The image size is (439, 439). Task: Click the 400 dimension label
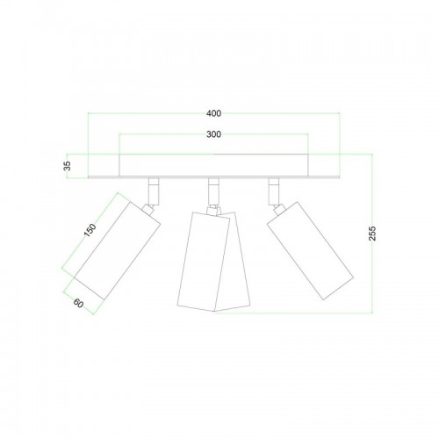coord(213,113)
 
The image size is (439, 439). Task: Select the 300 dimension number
coord(213,134)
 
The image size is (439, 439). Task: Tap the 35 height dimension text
coord(68,166)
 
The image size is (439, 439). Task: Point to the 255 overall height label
coord(372,234)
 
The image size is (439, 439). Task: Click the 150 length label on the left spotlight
coord(90,230)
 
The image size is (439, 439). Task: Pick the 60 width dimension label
coord(78,303)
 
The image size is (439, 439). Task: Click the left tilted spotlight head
coord(117,251)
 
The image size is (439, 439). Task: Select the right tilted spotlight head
coord(310,250)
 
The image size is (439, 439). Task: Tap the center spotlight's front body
coord(204,261)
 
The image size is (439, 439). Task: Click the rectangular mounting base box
coord(213,165)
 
